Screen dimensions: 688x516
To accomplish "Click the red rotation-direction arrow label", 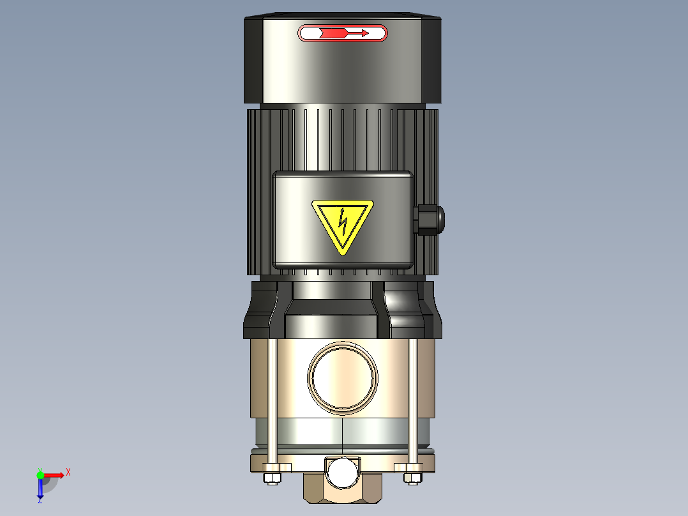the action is (x=342, y=33).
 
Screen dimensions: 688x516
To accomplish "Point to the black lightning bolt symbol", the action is (x=343, y=221).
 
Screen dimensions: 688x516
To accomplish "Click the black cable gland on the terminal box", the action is (x=429, y=219).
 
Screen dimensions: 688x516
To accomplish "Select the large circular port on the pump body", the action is (x=343, y=377).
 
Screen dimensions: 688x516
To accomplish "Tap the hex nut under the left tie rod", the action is (x=273, y=478).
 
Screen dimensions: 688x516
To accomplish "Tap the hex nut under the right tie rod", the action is (x=413, y=478).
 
